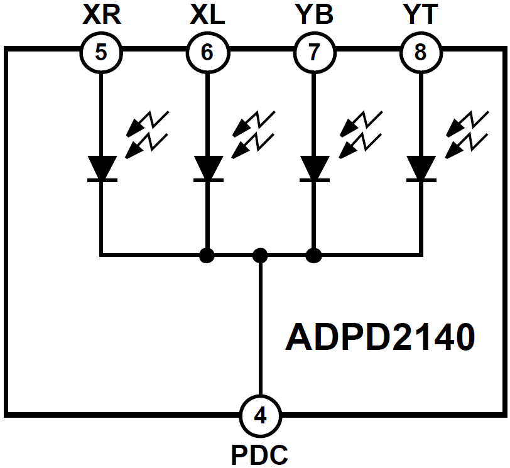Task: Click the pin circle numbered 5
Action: pos(100,52)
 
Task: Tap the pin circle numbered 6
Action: pos(207,52)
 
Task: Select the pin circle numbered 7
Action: pos(313,52)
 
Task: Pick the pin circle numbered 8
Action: pos(420,52)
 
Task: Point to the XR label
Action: pos(100,14)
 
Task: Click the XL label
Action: pos(207,14)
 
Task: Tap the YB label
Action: pos(313,14)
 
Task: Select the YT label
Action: pos(420,14)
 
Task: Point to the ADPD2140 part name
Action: pos(380,337)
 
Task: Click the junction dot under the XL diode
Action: pos(205,255)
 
